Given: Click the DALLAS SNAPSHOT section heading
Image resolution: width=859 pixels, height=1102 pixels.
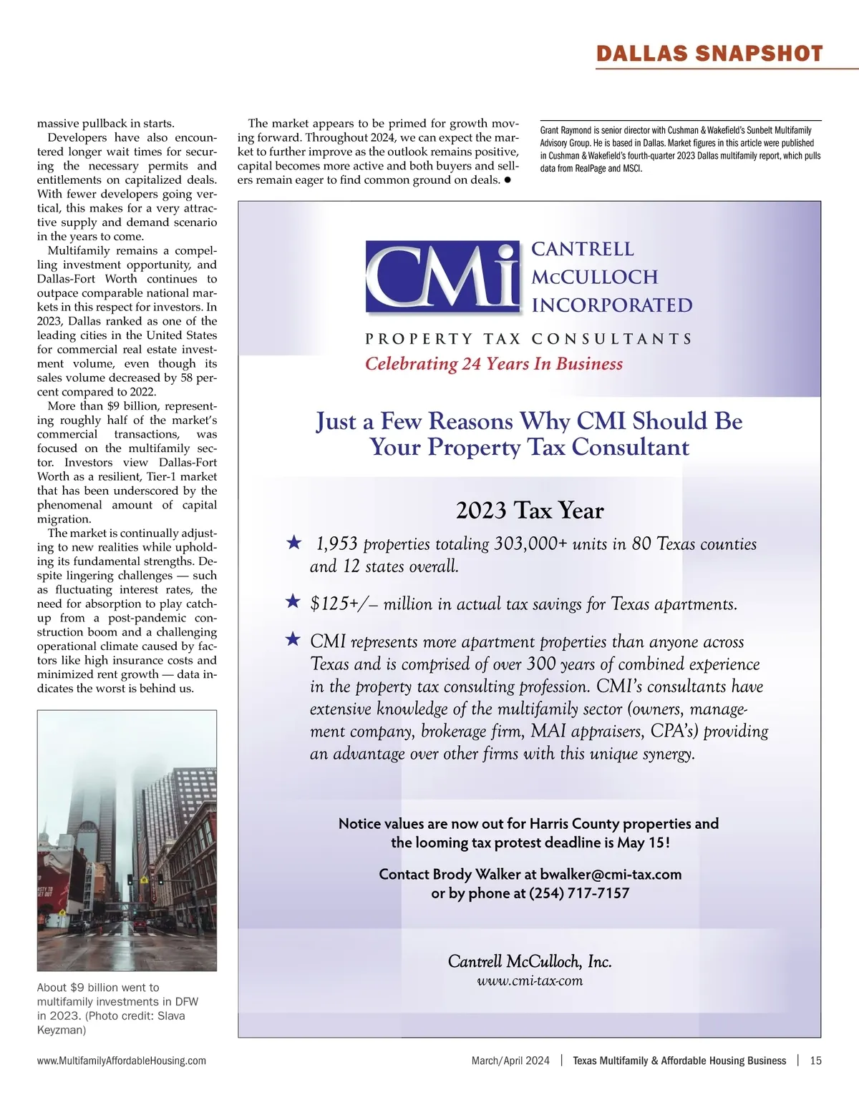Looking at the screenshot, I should (x=709, y=54).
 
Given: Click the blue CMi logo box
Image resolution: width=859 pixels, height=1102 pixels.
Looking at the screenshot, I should (x=442, y=277).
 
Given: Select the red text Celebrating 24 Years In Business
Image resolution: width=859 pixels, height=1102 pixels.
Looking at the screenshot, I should (x=494, y=364).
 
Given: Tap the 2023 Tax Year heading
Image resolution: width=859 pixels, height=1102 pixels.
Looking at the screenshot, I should (x=530, y=511).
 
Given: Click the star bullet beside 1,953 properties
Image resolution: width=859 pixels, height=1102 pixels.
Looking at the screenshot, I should (x=293, y=543).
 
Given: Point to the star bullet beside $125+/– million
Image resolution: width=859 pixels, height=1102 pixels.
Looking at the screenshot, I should (x=293, y=601).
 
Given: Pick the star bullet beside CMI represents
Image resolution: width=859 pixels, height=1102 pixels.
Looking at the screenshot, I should (x=293, y=639).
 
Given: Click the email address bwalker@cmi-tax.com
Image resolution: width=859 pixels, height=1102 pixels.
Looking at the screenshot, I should (x=611, y=875).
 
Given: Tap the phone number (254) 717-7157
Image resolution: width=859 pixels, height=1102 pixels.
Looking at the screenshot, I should (x=579, y=893).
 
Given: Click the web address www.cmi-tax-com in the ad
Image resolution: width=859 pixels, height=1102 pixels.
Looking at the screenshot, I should (x=530, y=981).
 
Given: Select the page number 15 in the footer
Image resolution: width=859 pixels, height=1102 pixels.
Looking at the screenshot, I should (x=815, y=1061).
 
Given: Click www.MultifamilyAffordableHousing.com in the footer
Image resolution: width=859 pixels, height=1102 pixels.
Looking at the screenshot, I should (x=122, y=1061).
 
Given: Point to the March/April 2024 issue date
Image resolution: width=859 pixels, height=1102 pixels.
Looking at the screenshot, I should (x=510, y=1061).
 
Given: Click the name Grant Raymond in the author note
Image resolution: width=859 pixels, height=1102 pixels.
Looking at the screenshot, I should (x=566, y=131).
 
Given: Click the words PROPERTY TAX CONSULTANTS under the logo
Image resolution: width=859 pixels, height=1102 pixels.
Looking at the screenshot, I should (x=528, y=339).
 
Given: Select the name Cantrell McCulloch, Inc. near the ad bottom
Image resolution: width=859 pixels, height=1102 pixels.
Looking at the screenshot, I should (x=530, y=962).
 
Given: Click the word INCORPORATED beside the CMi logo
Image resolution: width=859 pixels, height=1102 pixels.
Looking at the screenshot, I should (x=612, y=305).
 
